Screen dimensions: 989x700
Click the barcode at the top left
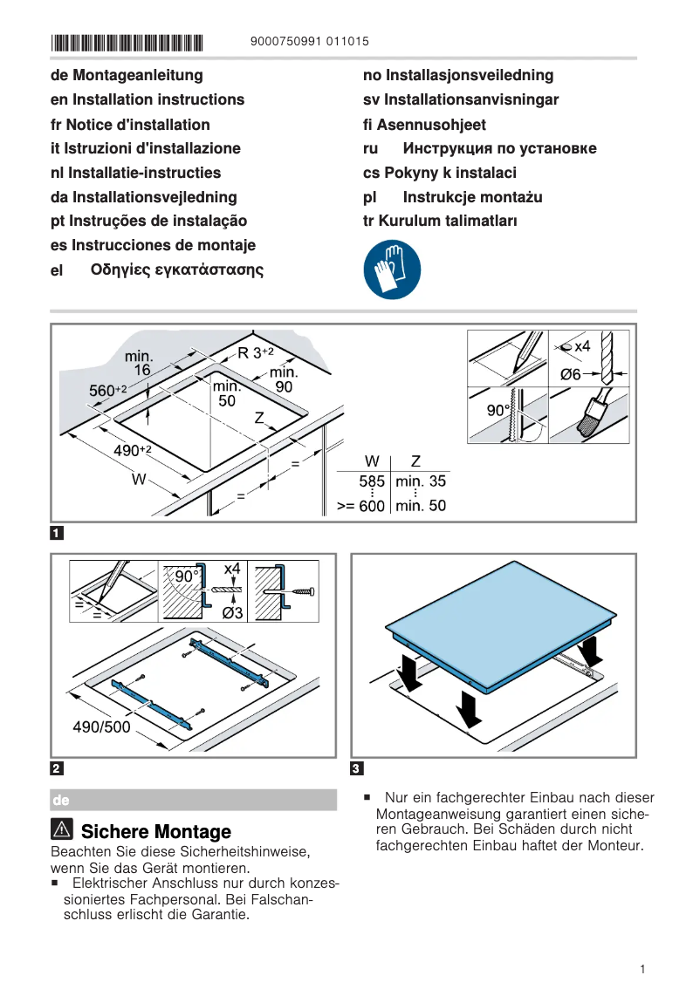(x=127, y=42)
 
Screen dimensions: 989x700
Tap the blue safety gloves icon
(x=392, y=270)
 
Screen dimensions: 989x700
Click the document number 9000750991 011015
(x=309, y=41)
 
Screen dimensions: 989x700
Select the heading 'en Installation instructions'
(x=148, y=99)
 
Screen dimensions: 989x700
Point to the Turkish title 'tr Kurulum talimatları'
(x=440, y=221)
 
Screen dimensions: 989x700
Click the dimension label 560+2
(x=108, y=391)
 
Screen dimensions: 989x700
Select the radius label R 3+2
(x=256, y=352)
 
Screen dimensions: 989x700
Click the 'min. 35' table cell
(x=420, y=481)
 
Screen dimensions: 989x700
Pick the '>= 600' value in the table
(x=360, y=506)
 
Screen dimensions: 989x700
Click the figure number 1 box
(x=57, y=532)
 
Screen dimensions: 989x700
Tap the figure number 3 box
(x=356, y=768)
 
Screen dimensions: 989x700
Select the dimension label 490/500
(x=101, y=726)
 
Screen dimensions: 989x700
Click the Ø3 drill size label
(x=231, y=613)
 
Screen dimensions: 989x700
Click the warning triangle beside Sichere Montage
(x=62, y=830)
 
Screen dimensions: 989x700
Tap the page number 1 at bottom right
(x=642, y=969)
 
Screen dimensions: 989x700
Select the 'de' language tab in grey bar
(x=61, y=800)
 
